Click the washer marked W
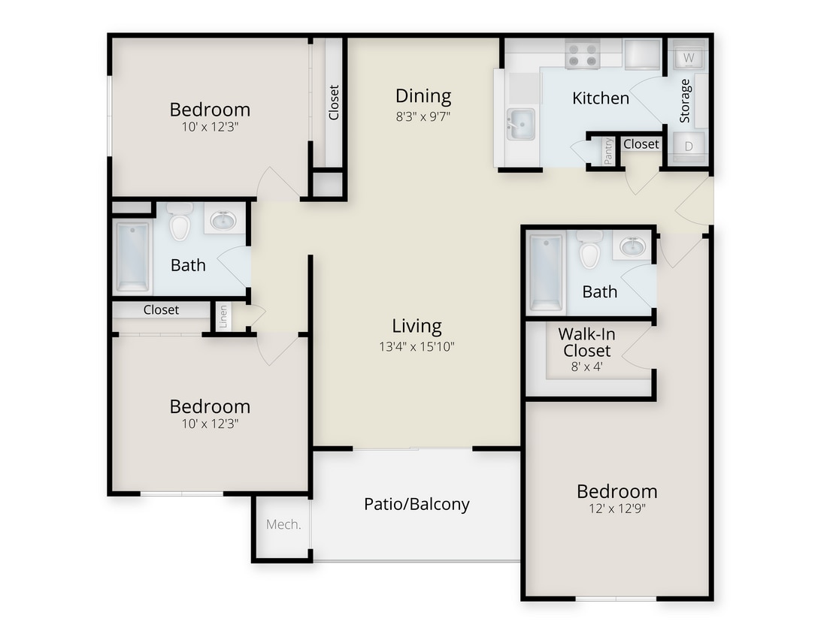coord(689,57)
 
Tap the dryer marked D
coord(689,146)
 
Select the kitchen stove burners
coord(582,55)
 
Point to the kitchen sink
coord(520,123)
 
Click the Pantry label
coord(608,151)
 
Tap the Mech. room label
coord(283,524)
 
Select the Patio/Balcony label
coord(417,503)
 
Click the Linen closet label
coord(223,316)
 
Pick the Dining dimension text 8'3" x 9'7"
coord(423,116)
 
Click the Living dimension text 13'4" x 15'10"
coord(417,346)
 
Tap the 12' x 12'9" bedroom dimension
coord(617,508)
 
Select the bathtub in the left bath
coord(133,255)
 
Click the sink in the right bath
coord(632,246)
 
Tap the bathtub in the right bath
coord(546,272)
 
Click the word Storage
coord(685,101)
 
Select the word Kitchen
coord(600,98)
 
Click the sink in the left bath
coord(223,220)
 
